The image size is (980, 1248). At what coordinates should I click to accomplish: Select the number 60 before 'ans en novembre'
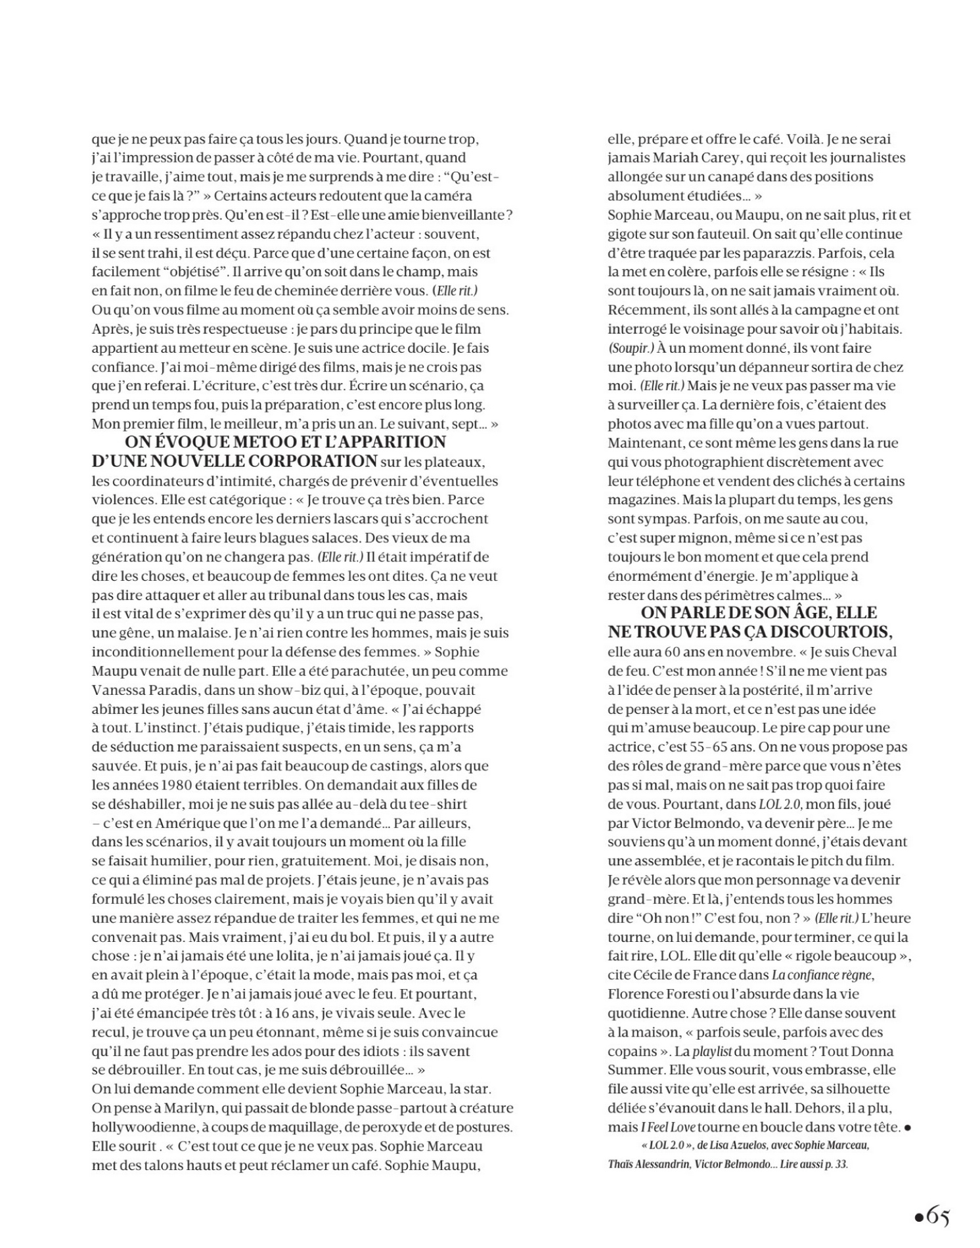coord(669,652)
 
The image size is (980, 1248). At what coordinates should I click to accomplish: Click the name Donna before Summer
coord(870,1052)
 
